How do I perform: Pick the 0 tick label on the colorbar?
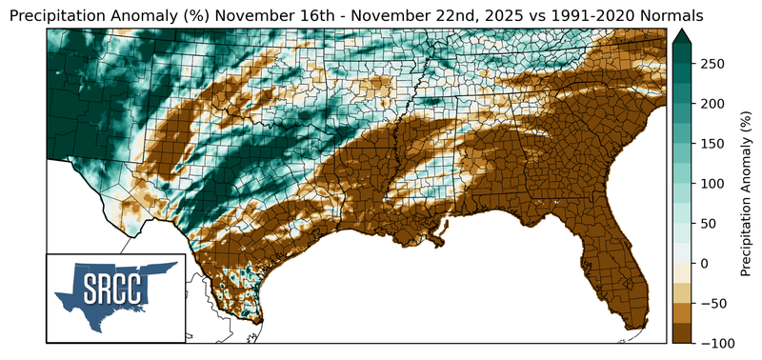coord(706,263)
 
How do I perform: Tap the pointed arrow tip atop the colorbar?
coord(684,31)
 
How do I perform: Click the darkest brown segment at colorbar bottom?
coord(684,332)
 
